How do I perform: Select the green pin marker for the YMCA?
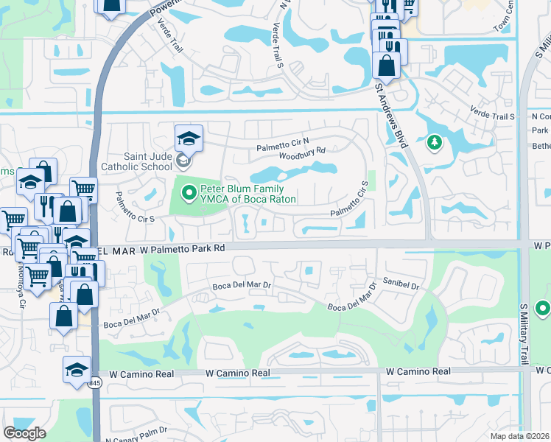(189, 194)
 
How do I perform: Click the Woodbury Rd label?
(302, 150)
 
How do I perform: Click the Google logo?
(24, 433)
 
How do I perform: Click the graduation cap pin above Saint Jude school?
(188, 137)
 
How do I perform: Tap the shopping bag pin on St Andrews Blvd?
(386, 64)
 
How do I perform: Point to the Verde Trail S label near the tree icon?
(491, 113)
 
